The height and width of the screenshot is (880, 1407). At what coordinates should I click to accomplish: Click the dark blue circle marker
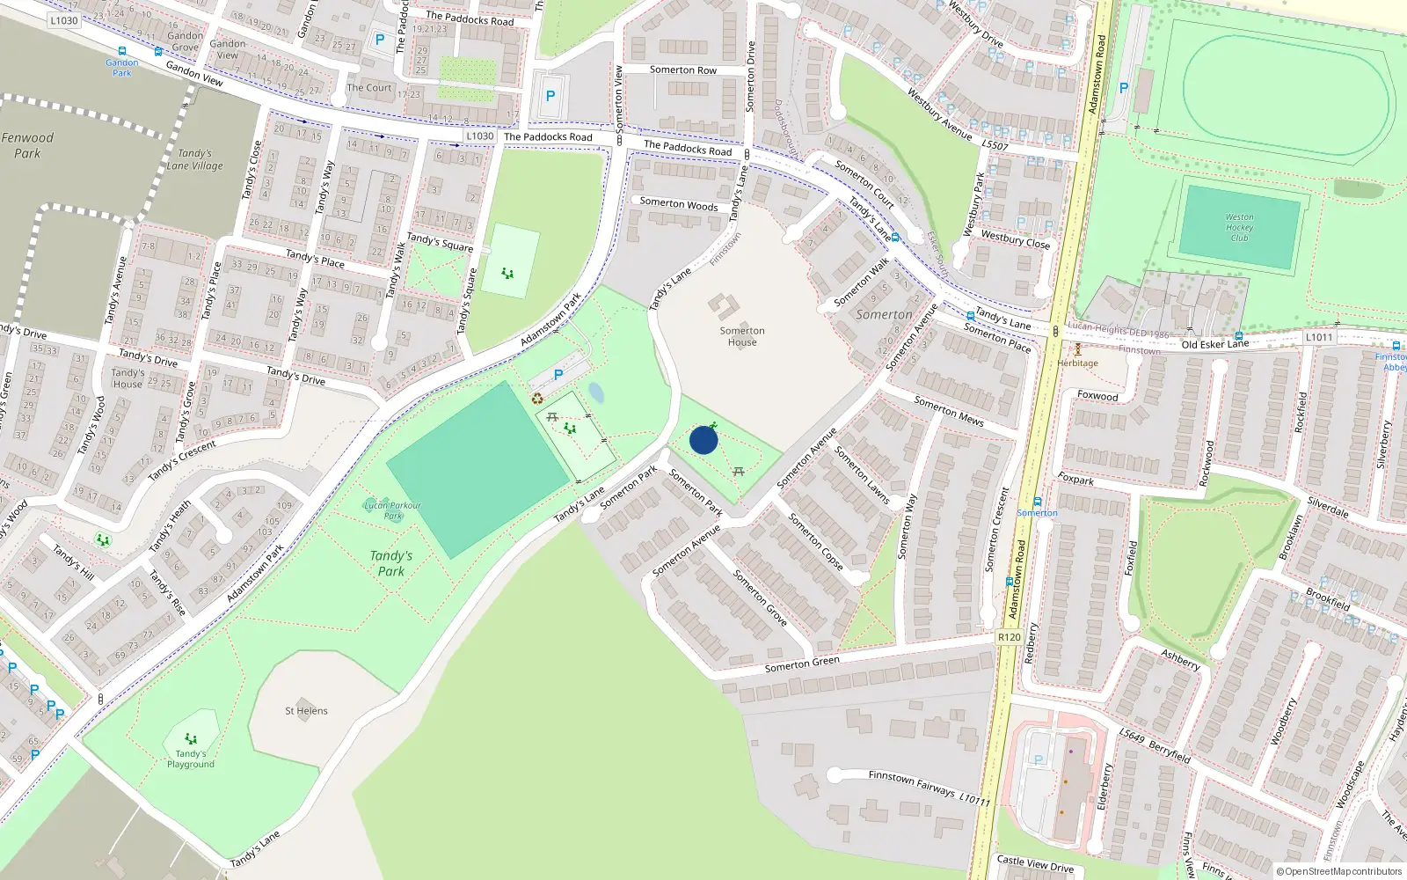(703, 440)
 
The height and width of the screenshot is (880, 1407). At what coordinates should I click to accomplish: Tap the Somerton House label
(742, 336)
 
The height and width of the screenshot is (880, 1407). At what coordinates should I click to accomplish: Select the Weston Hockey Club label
(1239, 227)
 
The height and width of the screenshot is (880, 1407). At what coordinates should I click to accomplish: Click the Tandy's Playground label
(191, 759)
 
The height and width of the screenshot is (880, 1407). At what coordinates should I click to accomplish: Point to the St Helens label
(306, 711)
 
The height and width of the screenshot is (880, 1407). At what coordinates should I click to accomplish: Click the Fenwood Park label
(27, 145)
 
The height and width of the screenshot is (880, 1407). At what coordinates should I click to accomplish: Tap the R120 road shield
(1010, 637)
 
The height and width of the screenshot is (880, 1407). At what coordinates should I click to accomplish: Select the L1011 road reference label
(1319, 337)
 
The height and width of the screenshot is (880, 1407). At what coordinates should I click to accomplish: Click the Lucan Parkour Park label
(392, 510)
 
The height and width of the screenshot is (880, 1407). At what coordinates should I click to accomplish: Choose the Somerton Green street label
(802, 664)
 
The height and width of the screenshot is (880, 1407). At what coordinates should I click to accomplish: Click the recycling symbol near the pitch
(537, 399)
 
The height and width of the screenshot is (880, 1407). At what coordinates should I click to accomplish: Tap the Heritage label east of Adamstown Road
(1077, 363)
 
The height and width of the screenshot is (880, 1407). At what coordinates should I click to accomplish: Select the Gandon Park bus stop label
(122, 68)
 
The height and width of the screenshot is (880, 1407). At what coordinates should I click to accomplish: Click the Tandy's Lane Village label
(194, 159)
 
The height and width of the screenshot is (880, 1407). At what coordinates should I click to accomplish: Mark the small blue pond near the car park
(596, 392)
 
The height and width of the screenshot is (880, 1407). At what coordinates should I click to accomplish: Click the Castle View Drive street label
(1035, 863)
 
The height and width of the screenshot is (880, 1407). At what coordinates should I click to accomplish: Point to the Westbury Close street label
(1016, 239)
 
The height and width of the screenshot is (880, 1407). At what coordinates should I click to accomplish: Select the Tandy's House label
(128, 378)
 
